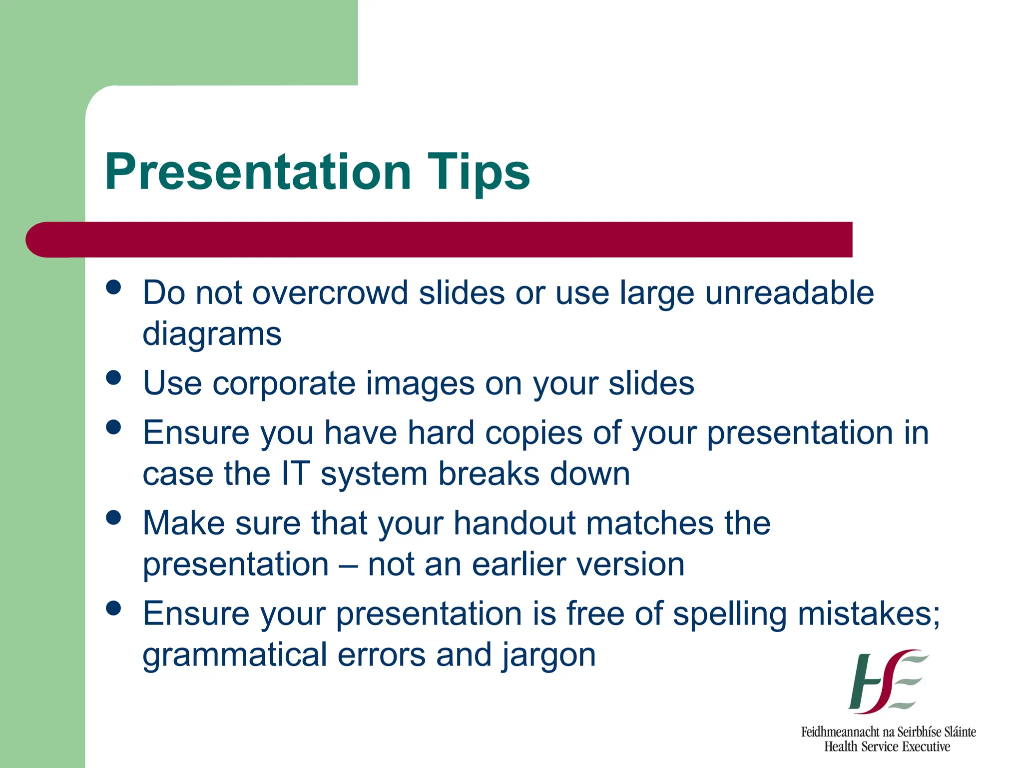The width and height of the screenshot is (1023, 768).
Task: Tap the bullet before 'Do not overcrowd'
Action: [x=114, y=287]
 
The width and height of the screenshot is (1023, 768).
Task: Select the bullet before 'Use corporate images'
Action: [x=114, y=377]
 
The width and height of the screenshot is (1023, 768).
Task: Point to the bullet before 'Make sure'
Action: [x=114, y=517]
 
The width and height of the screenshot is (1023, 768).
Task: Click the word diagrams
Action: [x=212, y=334]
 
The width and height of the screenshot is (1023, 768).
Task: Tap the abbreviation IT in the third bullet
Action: [x=295, y=473]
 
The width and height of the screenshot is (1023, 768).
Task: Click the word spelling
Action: [x=730, y=614]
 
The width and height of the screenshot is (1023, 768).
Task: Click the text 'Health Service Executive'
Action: [x=887, y=747]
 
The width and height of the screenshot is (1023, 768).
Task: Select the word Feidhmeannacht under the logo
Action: [x=840, y=732]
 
